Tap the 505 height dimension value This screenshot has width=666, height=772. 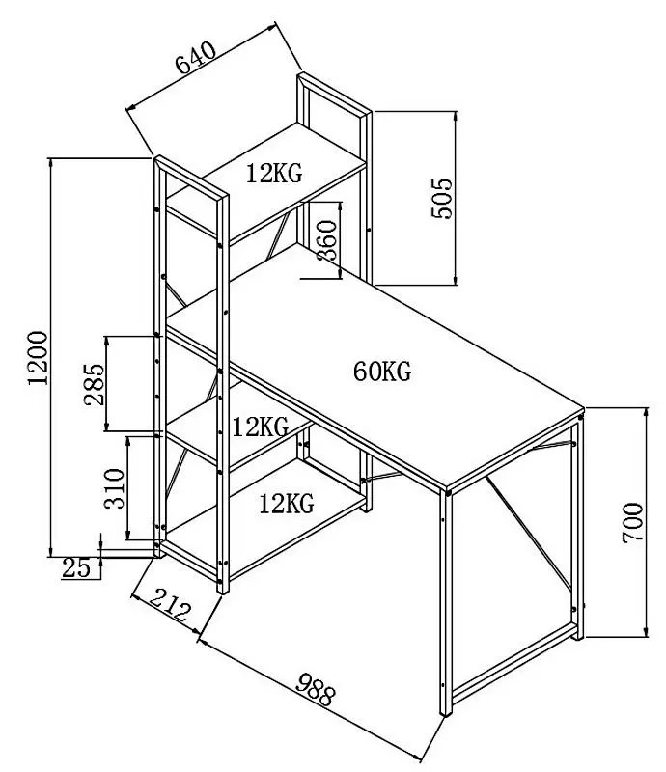440,198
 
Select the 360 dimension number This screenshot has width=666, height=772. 327,241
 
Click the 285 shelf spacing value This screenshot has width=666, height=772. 94,383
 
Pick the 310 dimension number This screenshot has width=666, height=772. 113,489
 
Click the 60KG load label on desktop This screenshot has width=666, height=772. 382,371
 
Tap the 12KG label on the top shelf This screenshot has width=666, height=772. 274,174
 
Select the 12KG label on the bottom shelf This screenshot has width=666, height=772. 287,502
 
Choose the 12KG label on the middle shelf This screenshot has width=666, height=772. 261,426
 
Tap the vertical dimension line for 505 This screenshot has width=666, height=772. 457,198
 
